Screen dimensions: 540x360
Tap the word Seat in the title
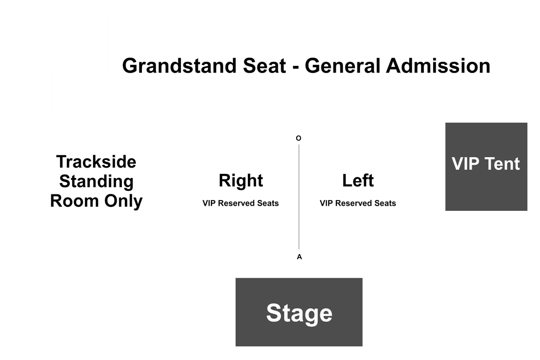[264, 65]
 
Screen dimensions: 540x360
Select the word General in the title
[343, 65]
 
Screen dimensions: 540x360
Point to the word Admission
[438, 65]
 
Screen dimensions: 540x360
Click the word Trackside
[97, 161]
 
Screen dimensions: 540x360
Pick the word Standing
[97, 182]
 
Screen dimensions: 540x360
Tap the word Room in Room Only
[75, 201]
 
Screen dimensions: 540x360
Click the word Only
[123, 202]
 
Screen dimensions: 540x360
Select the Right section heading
[241, 181]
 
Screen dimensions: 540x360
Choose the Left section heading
[358, 181]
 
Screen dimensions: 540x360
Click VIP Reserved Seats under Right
[241, 203]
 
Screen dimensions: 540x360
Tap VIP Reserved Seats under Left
[358, 203]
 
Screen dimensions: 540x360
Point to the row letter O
[299, 138]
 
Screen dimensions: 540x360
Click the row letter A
[299, 257]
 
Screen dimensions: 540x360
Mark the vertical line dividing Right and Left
[299, 196]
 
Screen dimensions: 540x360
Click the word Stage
[299, 313]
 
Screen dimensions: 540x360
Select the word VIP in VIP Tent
[464, 164]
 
